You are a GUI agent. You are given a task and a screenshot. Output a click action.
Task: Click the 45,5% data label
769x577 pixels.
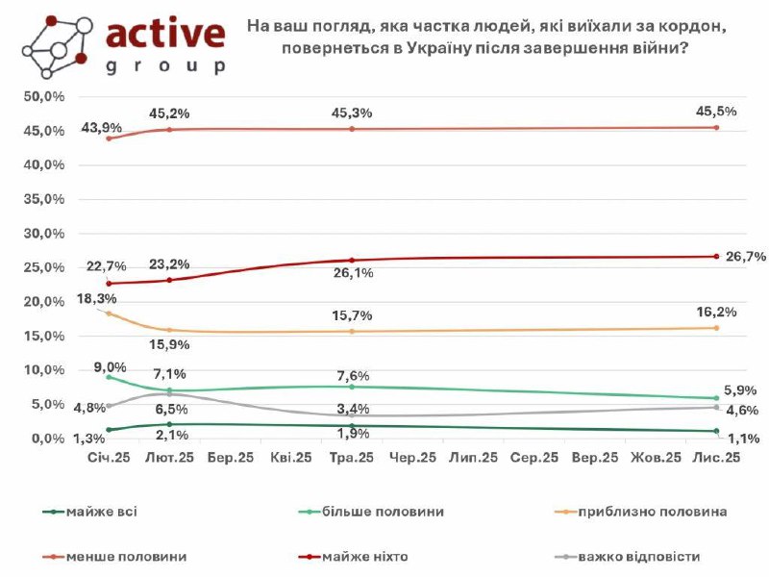coord(717,112)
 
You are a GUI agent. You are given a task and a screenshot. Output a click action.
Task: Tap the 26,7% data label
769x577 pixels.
coord(746,257)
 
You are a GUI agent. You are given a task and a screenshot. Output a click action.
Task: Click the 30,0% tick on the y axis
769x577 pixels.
coord(44,234)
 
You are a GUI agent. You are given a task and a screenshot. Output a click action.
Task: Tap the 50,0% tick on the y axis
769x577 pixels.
coord(44,97)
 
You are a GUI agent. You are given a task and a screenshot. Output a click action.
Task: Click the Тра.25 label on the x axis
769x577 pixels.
coord(352,461)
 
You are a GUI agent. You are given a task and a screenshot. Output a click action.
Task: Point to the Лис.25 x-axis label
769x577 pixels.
coord(717,461)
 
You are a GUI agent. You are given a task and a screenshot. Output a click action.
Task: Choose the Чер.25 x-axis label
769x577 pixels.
coord(412,461)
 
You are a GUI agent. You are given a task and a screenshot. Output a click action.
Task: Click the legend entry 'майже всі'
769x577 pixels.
coord(102,512)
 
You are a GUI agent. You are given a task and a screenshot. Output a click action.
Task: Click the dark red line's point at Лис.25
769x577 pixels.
coord(717,256)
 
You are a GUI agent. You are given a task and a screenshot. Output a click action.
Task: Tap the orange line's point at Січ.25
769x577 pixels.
coord(109,314)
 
